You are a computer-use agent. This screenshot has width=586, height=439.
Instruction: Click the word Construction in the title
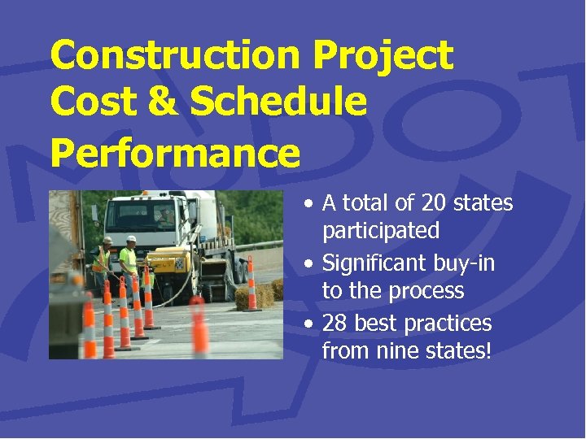point(174,56)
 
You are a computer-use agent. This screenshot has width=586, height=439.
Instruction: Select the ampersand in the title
point(160,103)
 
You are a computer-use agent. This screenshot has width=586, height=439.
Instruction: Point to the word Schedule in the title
point(278,103)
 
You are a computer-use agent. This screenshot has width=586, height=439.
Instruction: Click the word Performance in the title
point(175,152)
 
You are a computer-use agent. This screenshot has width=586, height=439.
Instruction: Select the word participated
point(381,231)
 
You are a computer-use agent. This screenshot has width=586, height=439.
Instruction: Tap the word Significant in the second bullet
point(374,263)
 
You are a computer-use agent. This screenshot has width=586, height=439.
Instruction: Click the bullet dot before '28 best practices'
point(309,324)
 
